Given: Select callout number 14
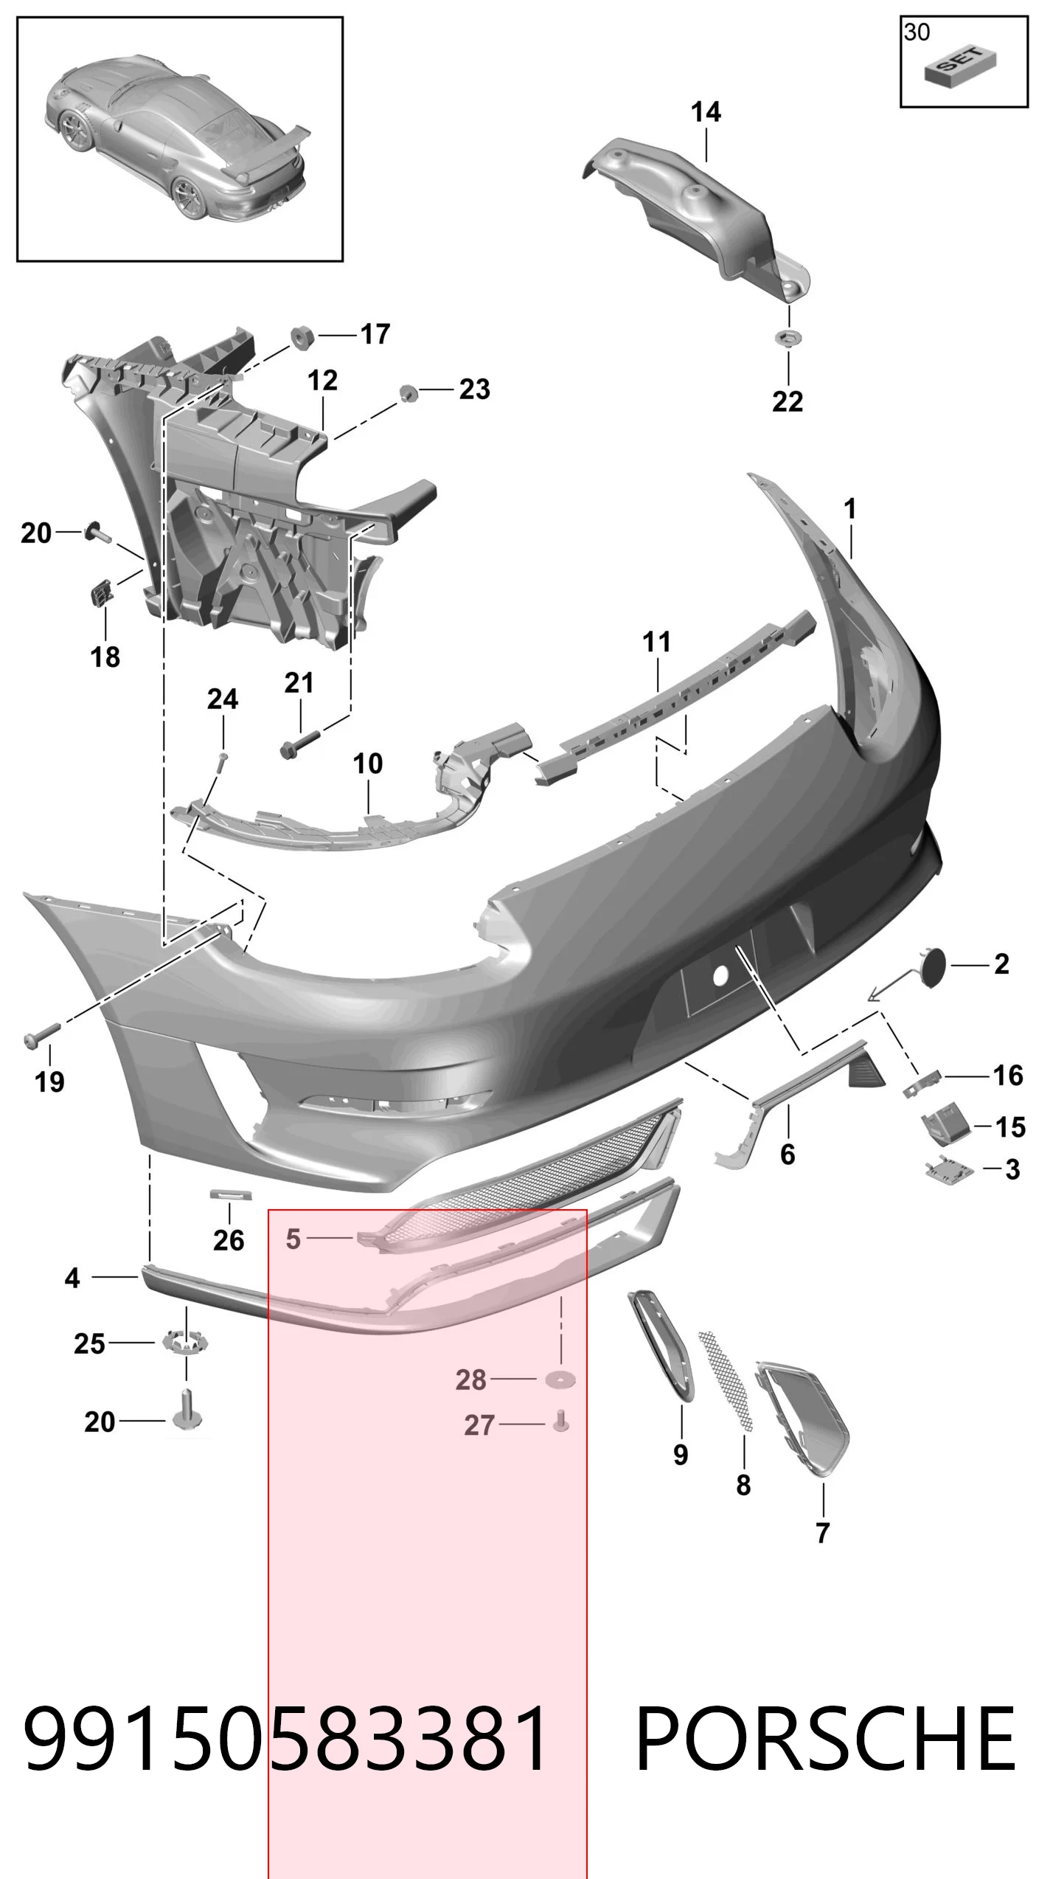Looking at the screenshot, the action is (x=706, y=112).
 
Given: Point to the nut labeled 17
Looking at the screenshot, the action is (x=302, y=337).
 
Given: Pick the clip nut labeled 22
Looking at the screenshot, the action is (x=788, y=338).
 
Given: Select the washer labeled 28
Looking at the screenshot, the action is (x=560, y=1378).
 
